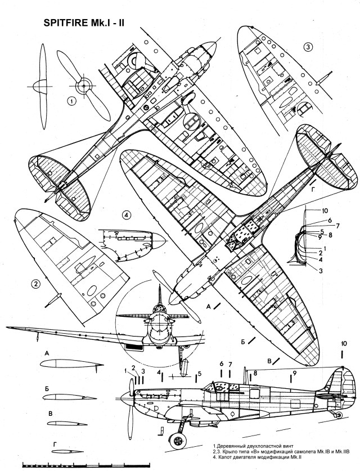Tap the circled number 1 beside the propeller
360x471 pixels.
[71, 101]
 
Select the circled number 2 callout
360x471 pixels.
[36, 284]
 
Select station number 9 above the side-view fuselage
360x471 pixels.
[294, 373]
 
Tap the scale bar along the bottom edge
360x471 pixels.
[84, 465]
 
